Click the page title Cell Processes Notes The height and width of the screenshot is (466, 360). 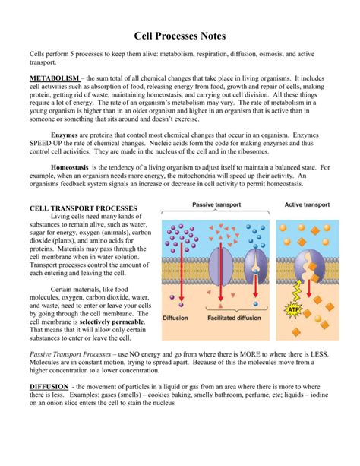(x=179, y=35)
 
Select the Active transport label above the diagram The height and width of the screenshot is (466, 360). (x=307, y=204)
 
